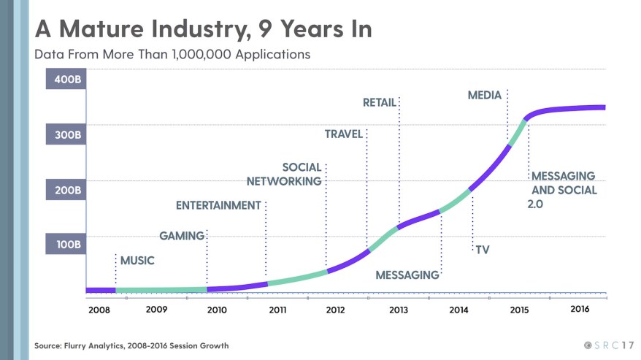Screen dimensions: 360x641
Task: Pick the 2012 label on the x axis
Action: click(335, 310)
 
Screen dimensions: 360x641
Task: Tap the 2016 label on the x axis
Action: click(579, 309)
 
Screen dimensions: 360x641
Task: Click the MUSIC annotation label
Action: click(137, 260)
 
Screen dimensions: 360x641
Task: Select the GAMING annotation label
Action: click(181, 236)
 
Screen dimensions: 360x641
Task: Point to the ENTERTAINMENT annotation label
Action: click(218, 205)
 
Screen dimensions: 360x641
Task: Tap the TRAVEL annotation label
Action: click(344, 134)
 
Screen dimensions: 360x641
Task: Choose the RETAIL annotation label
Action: click(379, 103)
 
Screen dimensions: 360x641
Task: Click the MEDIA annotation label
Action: click(484, 95)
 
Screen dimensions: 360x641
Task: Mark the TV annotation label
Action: click(482, 250)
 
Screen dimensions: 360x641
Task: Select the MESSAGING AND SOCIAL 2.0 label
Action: click(563, 189)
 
